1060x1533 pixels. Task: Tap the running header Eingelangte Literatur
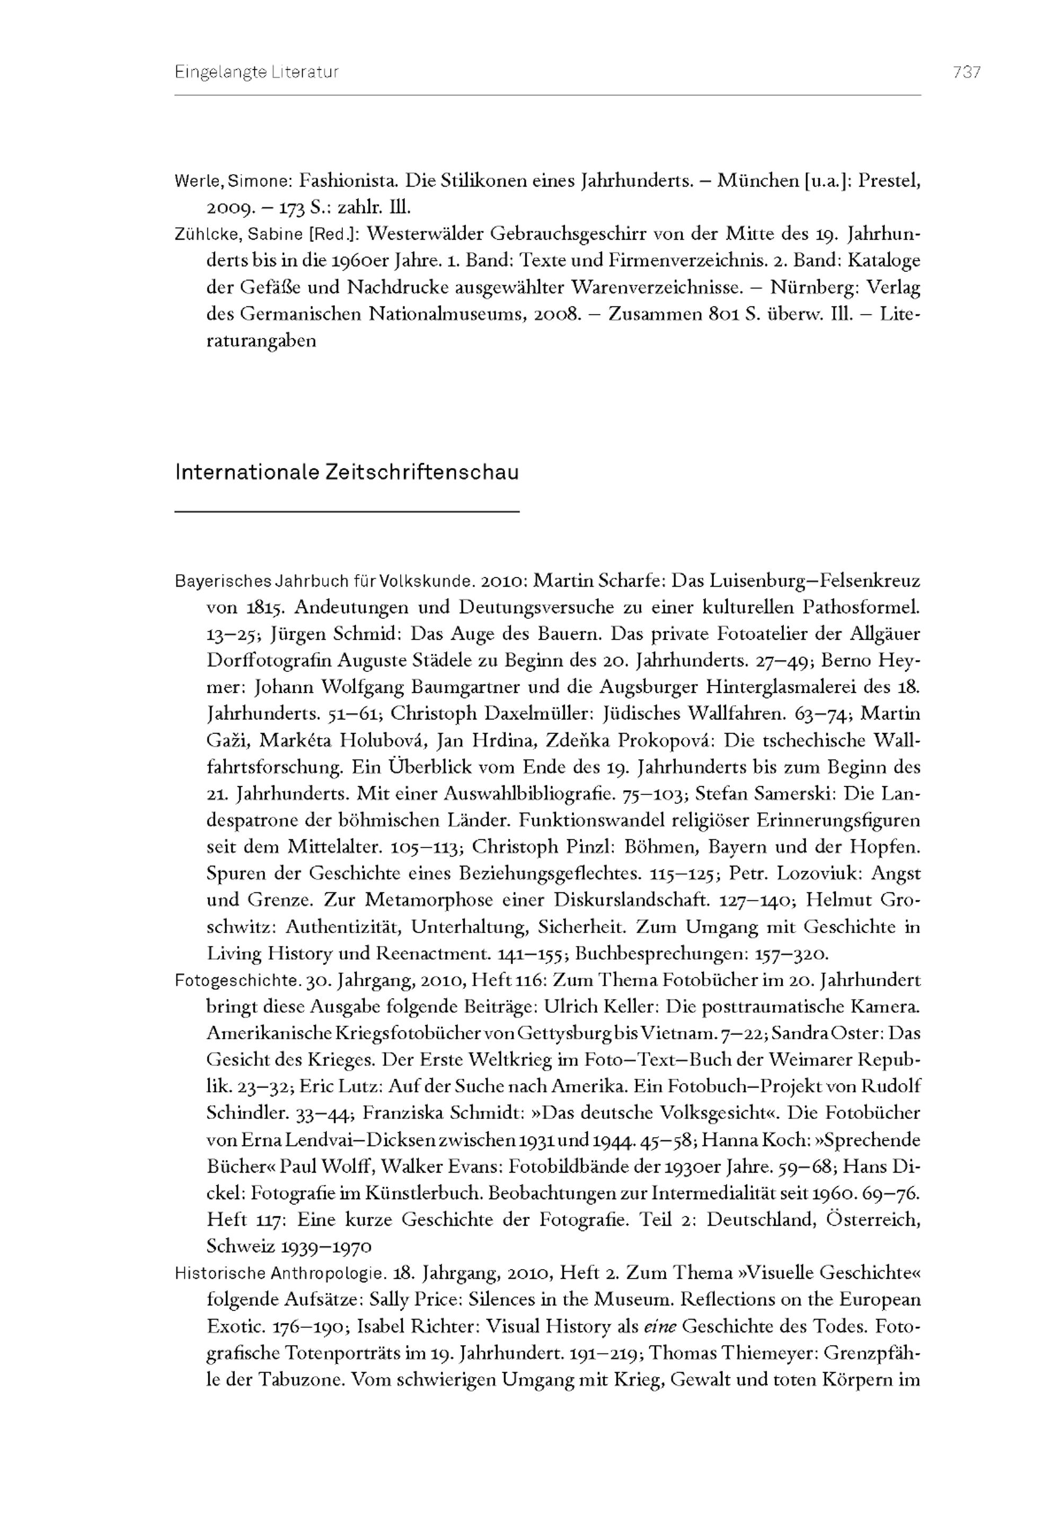257,73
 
